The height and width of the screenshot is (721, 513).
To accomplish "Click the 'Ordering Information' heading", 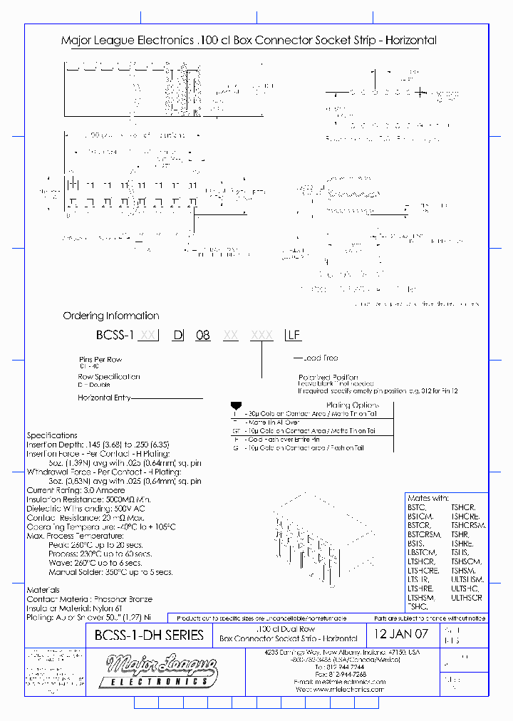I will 111,316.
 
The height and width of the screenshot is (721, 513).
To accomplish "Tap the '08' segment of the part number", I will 203,335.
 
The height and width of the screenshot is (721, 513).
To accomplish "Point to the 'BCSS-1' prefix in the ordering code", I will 115,335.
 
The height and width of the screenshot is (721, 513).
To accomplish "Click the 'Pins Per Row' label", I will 100,359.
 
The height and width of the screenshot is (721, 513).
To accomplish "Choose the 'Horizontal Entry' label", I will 103,398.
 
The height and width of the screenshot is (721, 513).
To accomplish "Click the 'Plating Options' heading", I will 349,405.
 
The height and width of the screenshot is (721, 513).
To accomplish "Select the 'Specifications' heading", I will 52,435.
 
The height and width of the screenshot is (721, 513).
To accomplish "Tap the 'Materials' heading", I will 43,590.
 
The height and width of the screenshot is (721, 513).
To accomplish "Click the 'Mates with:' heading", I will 427,498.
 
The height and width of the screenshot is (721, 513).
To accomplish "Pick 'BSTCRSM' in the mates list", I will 425,534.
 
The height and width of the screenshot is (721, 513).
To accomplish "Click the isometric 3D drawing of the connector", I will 303,539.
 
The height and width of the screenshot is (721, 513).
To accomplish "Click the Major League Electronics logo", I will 162,672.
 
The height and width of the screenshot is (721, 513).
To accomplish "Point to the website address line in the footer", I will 340,690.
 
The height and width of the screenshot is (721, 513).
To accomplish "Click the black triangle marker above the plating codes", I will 236,405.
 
